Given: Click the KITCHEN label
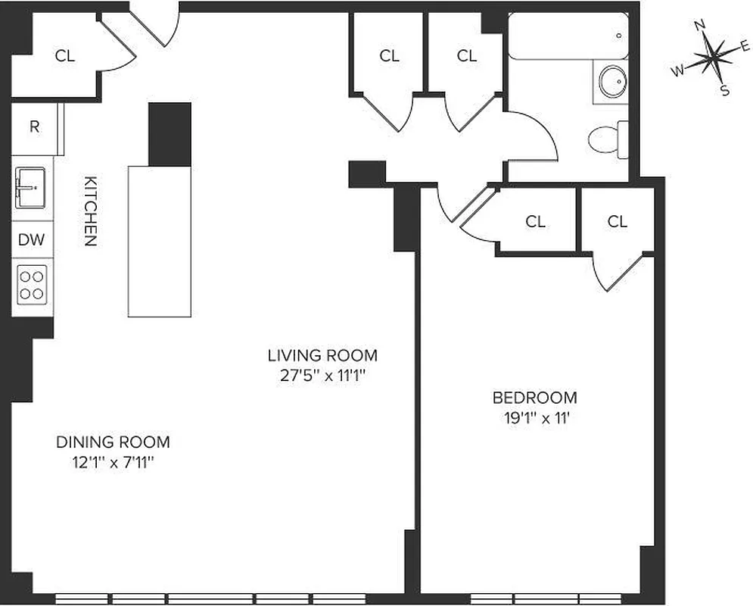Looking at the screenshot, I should point(90,211).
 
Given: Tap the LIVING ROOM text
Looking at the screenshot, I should point(322,355).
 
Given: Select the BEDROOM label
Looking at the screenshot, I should point(534,397).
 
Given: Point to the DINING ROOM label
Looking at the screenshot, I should point(113,442).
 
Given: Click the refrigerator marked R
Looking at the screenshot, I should point(34,127).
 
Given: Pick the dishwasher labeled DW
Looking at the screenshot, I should point(32,240).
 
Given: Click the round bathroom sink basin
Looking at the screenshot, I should point(612,80).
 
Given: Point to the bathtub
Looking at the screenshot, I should point(568,36).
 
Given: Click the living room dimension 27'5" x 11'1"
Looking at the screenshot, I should point(322,374).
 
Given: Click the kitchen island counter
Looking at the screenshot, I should point(159,241).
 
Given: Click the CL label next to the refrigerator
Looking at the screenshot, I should point(66,55).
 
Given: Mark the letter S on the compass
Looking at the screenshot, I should point(724,92).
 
